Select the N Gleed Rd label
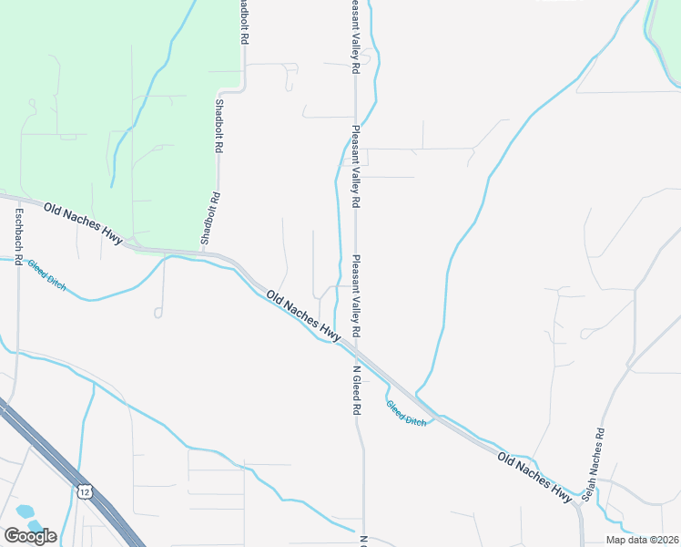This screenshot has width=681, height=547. tap(356, 391)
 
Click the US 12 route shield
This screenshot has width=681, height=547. tap(85, 491)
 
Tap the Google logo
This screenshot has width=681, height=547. tap(30, 535)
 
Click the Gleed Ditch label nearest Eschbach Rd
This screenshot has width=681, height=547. tap(46, 274)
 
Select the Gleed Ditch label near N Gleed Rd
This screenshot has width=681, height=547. tap(406, 415)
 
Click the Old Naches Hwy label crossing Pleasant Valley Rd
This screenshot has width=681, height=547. tap(303, 316)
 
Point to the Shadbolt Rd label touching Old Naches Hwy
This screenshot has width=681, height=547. tap(211, 219)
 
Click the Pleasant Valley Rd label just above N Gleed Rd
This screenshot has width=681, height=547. tap(356, 294)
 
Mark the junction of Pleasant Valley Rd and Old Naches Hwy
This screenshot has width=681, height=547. tap(356, 349)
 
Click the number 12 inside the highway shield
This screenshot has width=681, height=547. tap(85, 491)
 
